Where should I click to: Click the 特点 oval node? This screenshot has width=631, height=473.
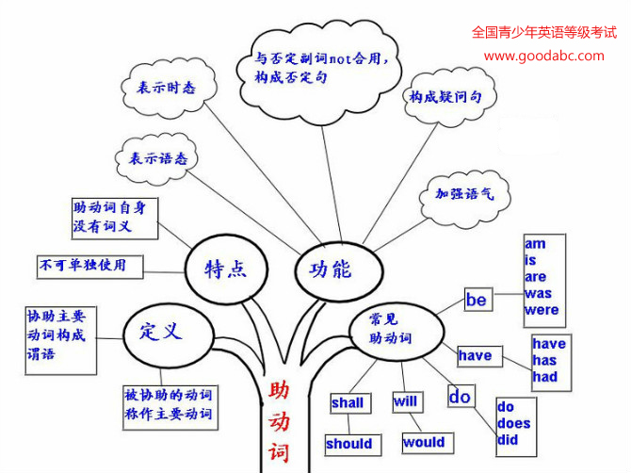[x=225, y=268]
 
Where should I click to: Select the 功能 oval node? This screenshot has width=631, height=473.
[x=329, y=269]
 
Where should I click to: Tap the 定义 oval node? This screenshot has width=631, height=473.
[x=160, y=331]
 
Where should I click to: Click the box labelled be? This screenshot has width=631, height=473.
[x=477, y=300]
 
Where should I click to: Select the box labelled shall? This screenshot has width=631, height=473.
[x=348, y=403]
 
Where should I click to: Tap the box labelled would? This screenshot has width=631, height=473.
[x=423, y=442]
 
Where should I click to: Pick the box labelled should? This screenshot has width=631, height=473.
[x=348, y=444]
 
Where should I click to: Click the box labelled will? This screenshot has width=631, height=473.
[x=405, y=402]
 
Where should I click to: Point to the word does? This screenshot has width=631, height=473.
[x=513, y=423]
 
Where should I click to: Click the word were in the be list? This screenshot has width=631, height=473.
[x=542, y=309]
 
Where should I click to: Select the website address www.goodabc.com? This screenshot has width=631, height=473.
[x=543, y=56]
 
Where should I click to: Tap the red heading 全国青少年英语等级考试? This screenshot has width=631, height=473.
[x=543, y=31]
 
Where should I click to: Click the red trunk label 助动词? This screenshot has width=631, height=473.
[x=279, y=420]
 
